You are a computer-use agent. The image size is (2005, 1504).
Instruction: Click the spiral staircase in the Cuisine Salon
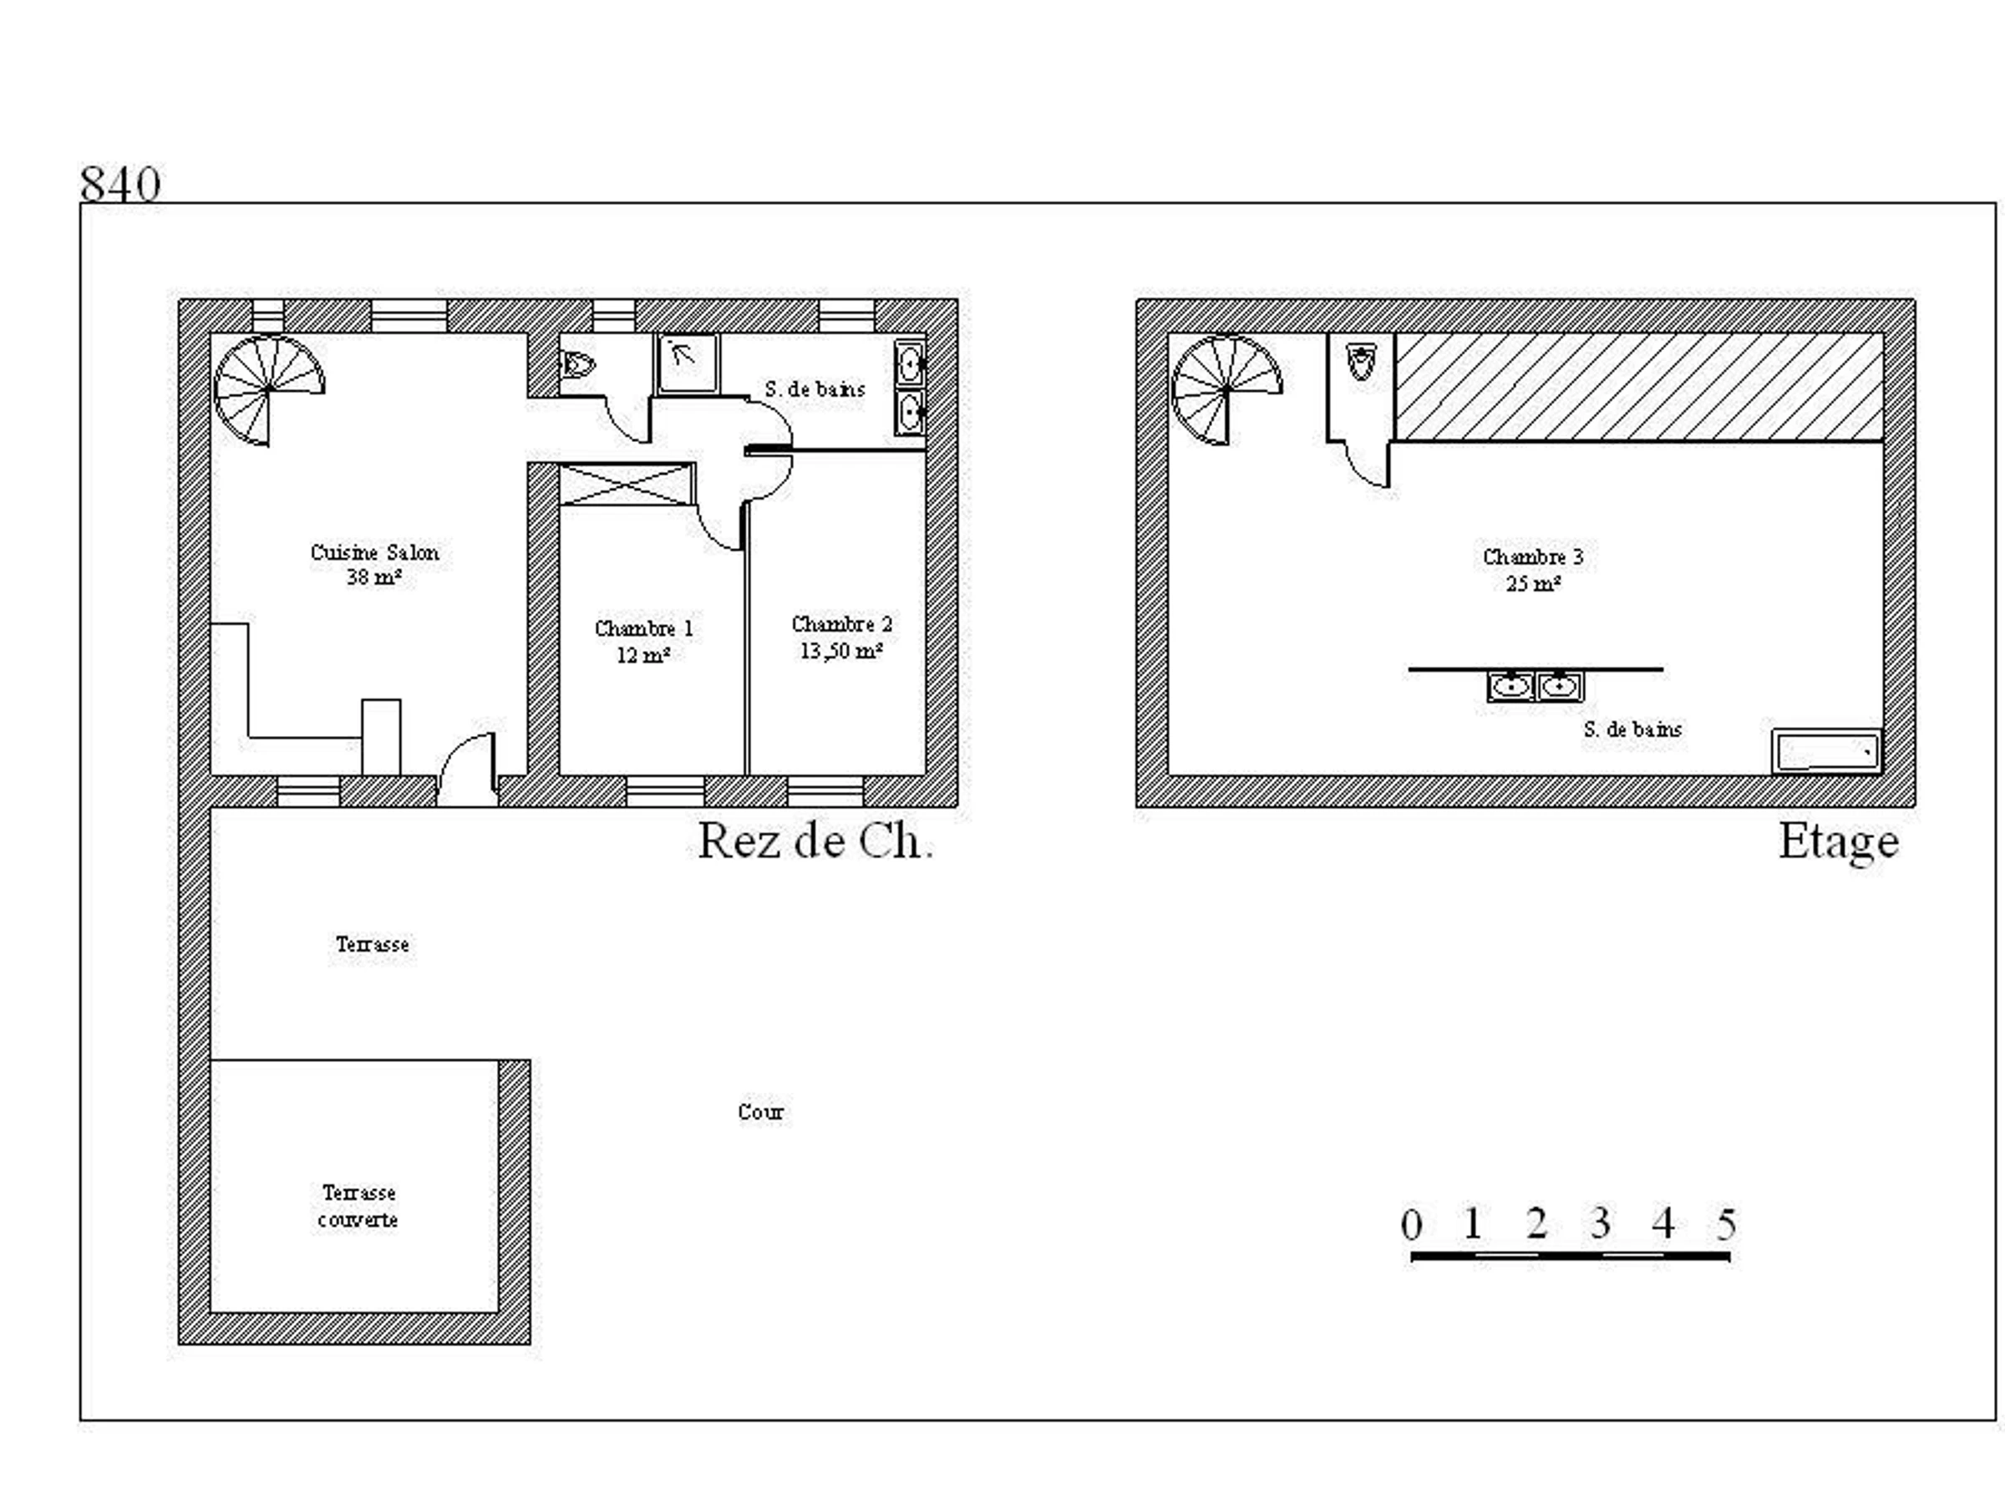269,390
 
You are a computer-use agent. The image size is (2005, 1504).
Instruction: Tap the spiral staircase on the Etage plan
1227,390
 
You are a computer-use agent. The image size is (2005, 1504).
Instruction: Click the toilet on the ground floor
577,364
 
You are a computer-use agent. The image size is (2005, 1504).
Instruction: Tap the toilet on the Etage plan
1361,361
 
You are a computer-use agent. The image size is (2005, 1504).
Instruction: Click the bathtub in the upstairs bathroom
1826,751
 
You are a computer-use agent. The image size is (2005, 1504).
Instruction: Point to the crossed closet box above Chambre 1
627,484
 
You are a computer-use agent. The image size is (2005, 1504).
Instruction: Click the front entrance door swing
468,769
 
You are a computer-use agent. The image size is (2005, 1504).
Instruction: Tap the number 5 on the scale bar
1726,1224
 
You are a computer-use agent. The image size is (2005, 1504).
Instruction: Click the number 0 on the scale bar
1411,1224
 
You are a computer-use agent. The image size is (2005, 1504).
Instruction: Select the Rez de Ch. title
815,841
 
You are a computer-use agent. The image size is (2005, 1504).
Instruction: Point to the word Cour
760,1111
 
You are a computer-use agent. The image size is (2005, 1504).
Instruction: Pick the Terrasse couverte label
358,1206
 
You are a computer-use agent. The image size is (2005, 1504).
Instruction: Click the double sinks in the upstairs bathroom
1535,686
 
